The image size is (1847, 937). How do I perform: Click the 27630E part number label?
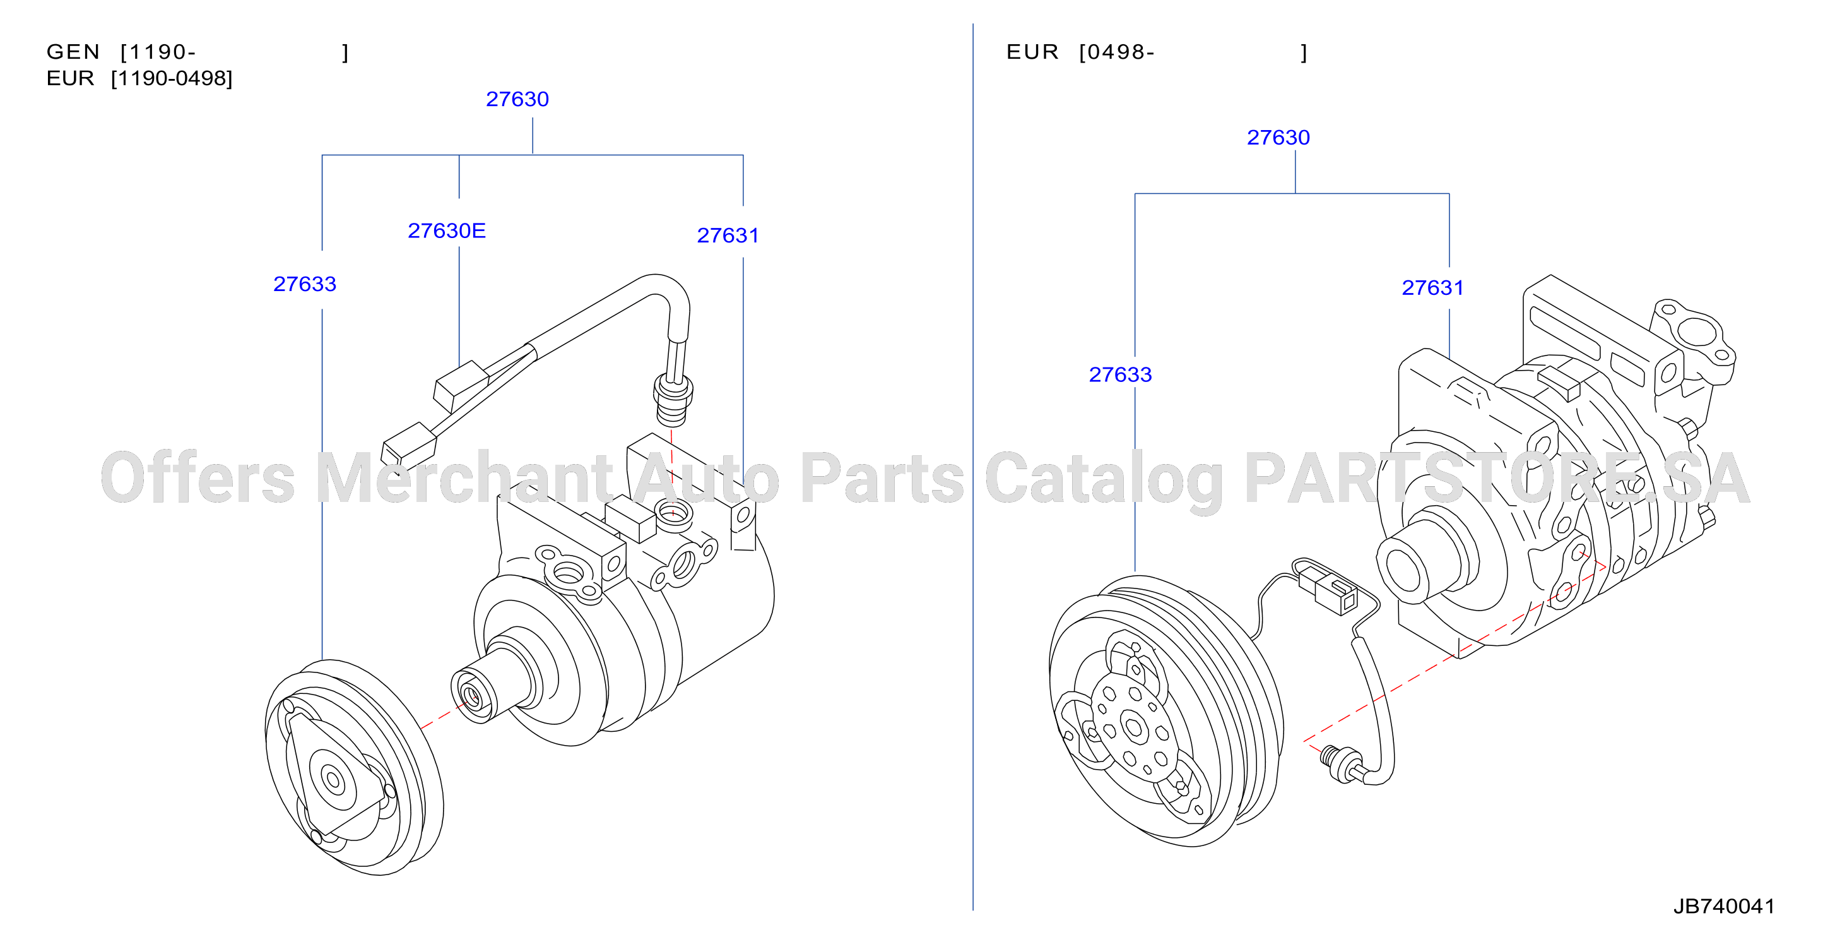(447, 230)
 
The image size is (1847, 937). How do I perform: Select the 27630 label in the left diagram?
(517, 99)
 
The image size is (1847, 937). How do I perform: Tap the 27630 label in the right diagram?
(1278, 137)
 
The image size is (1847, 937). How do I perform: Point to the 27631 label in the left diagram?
(728, 236)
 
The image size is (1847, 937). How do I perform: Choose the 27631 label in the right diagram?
(1432, 288)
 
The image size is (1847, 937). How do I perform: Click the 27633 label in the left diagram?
(305, 284)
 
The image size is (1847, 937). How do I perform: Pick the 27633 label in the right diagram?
(1121, 374)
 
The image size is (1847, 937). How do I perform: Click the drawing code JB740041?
(1725, 906)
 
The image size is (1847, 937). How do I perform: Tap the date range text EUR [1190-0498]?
(140, 78)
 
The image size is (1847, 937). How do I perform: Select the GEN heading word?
(73, 52)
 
